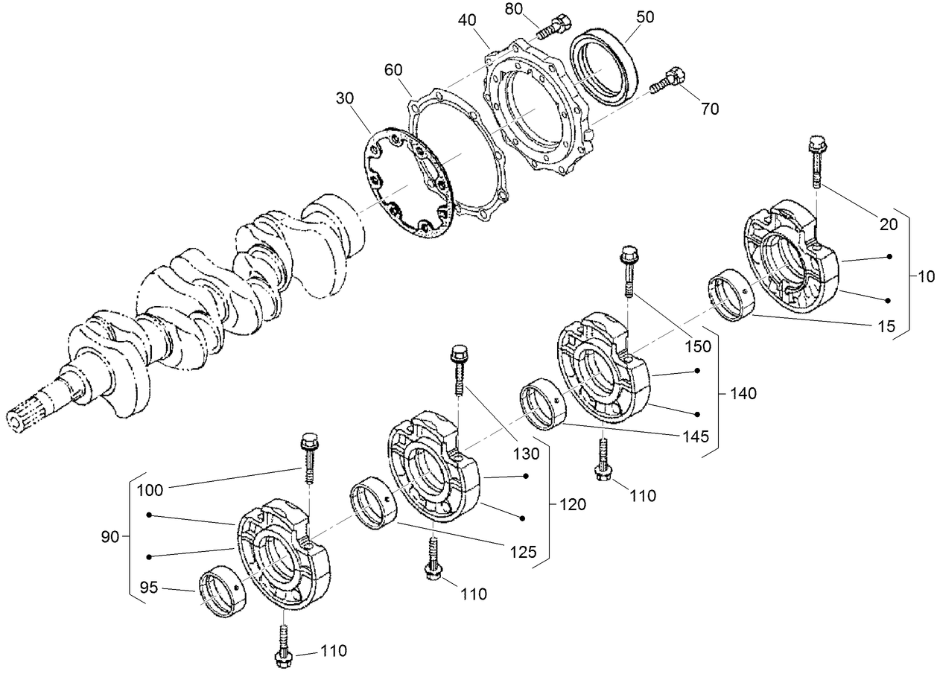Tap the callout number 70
pos(709,109)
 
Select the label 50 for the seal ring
pos(645,17)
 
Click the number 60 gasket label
pos(393,69)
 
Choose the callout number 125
pos(523,552)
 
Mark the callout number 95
pos(148,588)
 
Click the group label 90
pos(109,536)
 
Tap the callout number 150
pos(697,346)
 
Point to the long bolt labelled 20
pos(816,161)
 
